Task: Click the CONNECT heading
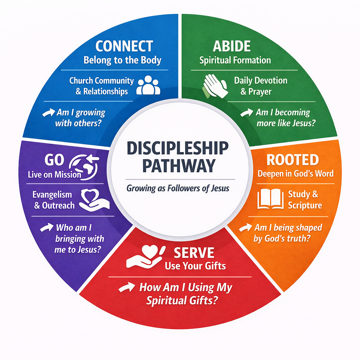tap(124, 46)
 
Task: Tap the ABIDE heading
tap(232, 46)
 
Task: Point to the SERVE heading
tap(194, 252)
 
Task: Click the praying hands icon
tap(215, 85)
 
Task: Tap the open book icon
tap(270, 199)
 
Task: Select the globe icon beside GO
tap(84, 164)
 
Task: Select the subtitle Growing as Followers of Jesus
tap(178, 188)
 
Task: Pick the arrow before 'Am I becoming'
tap(247, 113)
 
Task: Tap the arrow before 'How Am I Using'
tap(126, 288)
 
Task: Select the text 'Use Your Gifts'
tap(195, 266)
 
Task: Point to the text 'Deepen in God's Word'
tap(295, 173)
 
